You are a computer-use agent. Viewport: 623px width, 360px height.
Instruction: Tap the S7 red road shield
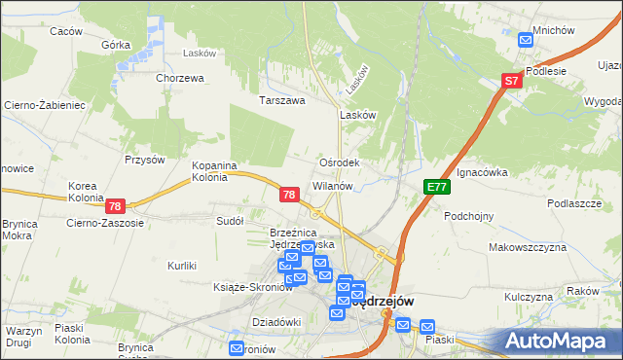[x=513, y=83]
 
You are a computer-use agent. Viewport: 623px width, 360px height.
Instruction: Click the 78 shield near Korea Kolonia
[x=115, y=206]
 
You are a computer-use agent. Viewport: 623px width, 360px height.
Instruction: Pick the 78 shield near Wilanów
[x=288, y=196]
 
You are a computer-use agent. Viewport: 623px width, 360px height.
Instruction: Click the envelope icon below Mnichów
[x=526, y=40]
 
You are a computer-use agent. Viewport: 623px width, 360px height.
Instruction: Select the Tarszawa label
[x=281, y=100]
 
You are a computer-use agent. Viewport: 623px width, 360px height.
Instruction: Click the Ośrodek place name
[x=340, y=162]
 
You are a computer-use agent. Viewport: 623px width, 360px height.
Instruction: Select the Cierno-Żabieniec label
[x=46, y=104]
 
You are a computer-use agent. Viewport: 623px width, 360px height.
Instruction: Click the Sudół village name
[x=230, y=221]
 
